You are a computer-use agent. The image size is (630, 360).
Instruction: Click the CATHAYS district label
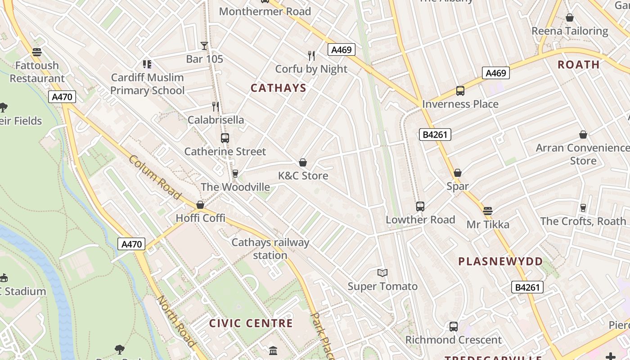pos(278,88)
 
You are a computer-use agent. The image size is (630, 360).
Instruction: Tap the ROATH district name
pos(578,64)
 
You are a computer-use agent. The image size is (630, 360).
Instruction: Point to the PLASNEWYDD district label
pos(500,261)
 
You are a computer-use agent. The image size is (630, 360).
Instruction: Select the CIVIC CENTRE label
pos(251,323)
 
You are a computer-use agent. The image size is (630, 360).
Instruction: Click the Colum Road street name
pos(155,177)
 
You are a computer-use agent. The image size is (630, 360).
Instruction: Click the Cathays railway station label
pos(270,249)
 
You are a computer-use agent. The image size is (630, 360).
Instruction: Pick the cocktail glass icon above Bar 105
pos(204,45)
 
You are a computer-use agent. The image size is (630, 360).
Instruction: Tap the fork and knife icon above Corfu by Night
pos(311,55)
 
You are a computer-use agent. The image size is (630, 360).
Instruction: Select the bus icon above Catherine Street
pos(225,138)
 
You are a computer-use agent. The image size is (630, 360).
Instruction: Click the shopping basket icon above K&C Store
pos(303,162)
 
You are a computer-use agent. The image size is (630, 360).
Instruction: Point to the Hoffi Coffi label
pos(200,218)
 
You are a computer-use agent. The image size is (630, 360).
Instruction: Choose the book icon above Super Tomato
pos(382,273)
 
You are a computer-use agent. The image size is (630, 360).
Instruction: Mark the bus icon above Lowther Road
pos(420,207)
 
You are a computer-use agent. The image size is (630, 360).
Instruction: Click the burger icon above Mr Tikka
pos(488,211)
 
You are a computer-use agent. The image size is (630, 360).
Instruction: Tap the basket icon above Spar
pos(458,173)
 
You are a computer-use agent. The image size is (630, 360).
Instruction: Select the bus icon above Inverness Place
pos(460,91)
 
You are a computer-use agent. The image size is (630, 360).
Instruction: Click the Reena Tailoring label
pos(570,31)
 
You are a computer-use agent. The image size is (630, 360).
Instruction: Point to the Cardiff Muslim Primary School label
pos(147,84)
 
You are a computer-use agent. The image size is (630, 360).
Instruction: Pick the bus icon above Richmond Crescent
pos(454,327)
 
